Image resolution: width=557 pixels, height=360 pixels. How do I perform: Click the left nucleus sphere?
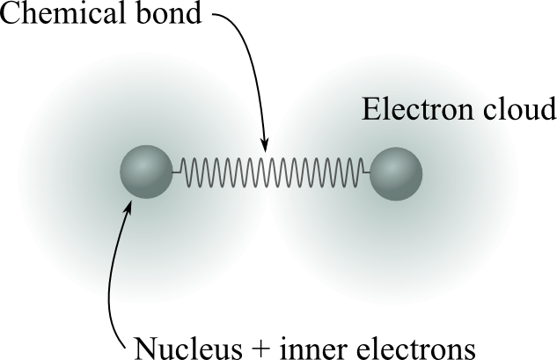coord(146,172)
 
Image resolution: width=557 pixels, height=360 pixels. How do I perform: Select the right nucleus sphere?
coord(396,173)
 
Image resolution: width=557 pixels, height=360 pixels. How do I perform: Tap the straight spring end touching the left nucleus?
coord(176,172)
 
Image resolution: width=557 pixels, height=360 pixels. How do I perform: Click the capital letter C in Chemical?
coord(11,14)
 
